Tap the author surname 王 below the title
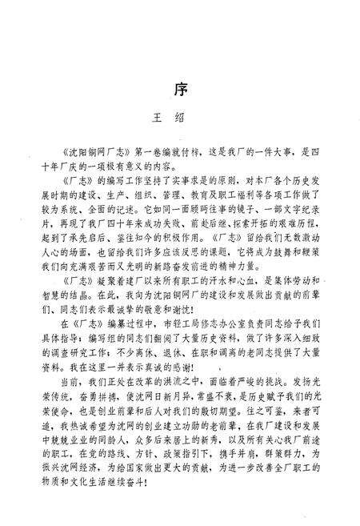tap(157, 117)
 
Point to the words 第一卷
tap(136, 149)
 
